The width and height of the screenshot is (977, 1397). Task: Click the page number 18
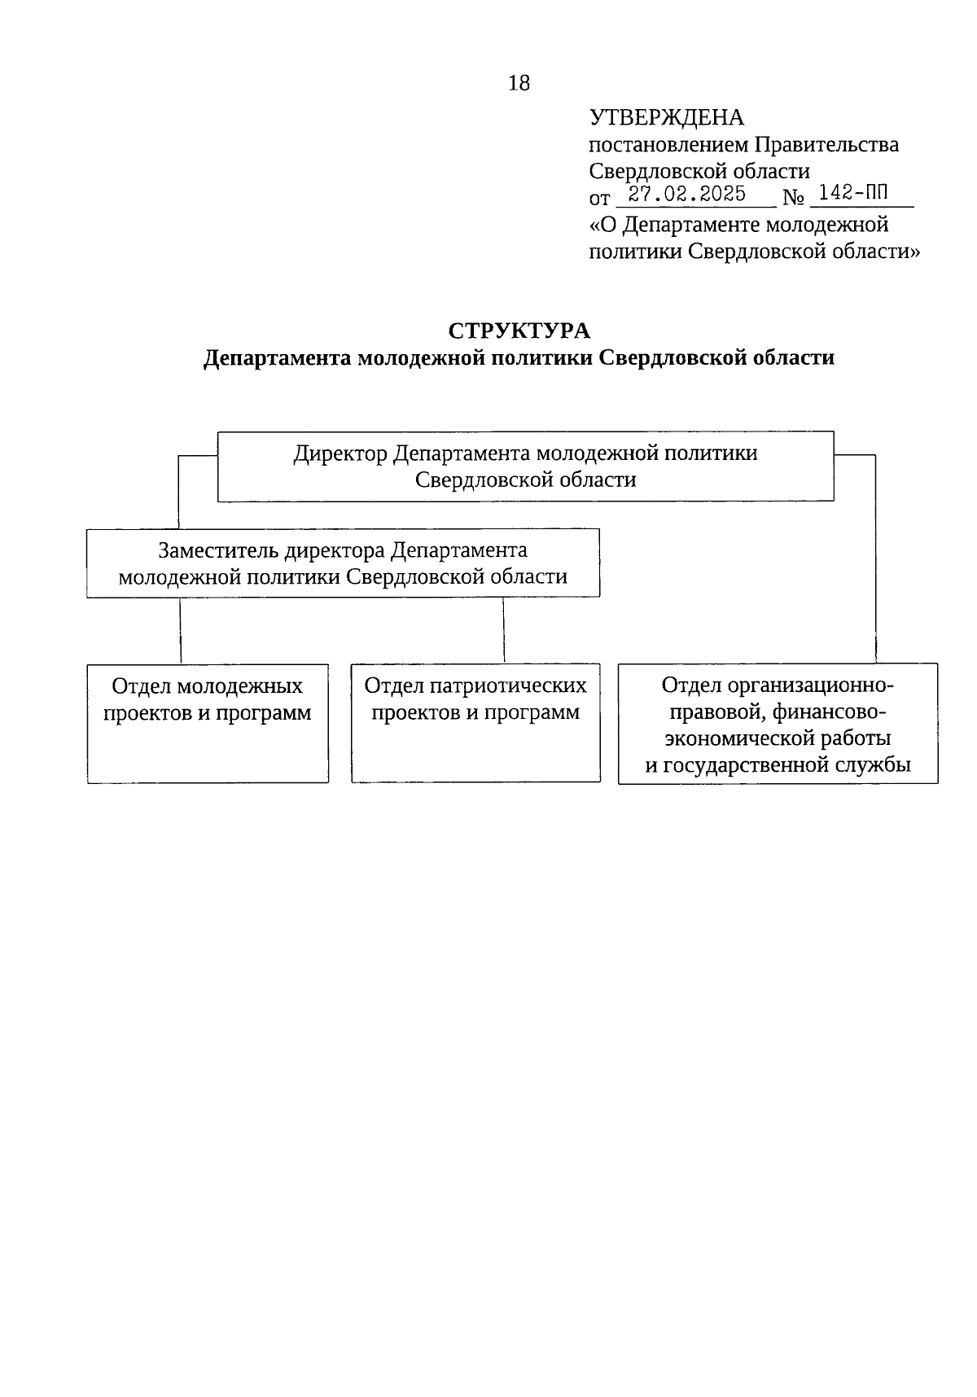coord(519,83)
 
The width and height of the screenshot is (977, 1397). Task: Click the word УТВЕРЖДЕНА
coord(666,118)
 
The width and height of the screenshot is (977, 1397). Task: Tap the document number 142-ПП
coord(853,194)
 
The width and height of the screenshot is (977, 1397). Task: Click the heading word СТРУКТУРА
coord(519,331)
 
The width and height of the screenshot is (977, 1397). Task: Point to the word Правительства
coord(826,145)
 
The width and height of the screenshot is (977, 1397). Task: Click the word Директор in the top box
coord(340,453)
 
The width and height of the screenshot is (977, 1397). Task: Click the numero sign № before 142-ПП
coord(793,198)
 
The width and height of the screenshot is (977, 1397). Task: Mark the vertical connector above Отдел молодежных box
coord(180,631)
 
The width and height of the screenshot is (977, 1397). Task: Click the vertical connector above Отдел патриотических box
coord(503,631)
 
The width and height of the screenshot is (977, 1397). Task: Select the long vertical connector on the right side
coord(875,562)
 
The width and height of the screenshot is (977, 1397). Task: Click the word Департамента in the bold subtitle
coord(277,358)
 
